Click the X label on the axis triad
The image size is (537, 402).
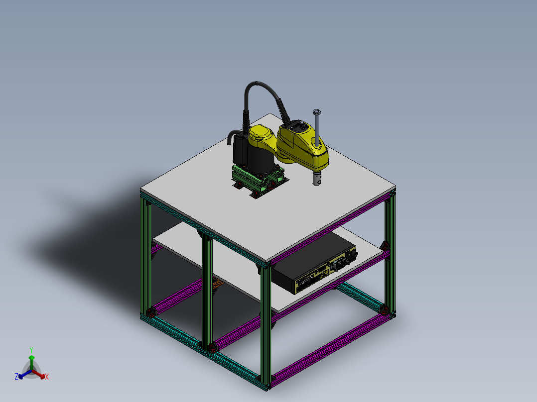click(47, 377)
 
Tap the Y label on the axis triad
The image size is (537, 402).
click(31, 350)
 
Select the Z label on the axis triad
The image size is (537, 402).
click(16, 377)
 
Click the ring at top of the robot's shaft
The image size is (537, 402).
click(316, 111)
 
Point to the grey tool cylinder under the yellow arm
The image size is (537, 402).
click(316, 179)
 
